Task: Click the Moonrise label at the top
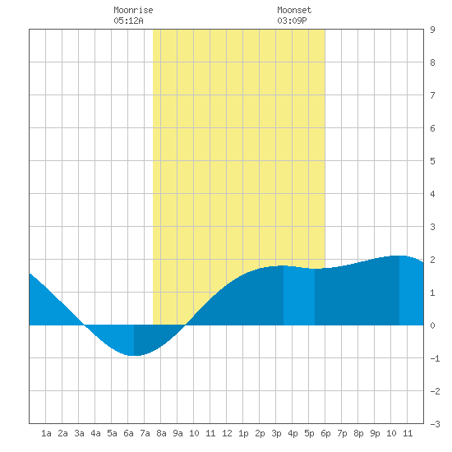coord(133,10)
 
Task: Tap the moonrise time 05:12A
coord(128,21)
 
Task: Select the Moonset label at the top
coord(294,10)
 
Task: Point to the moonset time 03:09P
coord(292,21)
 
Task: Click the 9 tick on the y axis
coord(432,30)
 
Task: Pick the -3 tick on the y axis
coord(435,424)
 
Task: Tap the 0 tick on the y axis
coord(432,325)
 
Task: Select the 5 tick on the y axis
coord(432,161)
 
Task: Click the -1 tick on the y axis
coord(435,358)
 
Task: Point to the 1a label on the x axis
coord(46,433)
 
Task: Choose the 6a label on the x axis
coord(128,433)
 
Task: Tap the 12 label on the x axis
coord(227,433)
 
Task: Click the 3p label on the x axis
coord(276,433)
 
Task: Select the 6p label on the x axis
coord(325,433)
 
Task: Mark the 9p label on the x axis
coord(375,433)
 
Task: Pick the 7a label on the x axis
coord(145,433)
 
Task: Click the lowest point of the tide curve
coord(134,355)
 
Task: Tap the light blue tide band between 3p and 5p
coord(299,296)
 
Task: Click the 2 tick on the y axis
coord(432,260)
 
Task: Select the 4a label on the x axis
coord(95,433)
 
